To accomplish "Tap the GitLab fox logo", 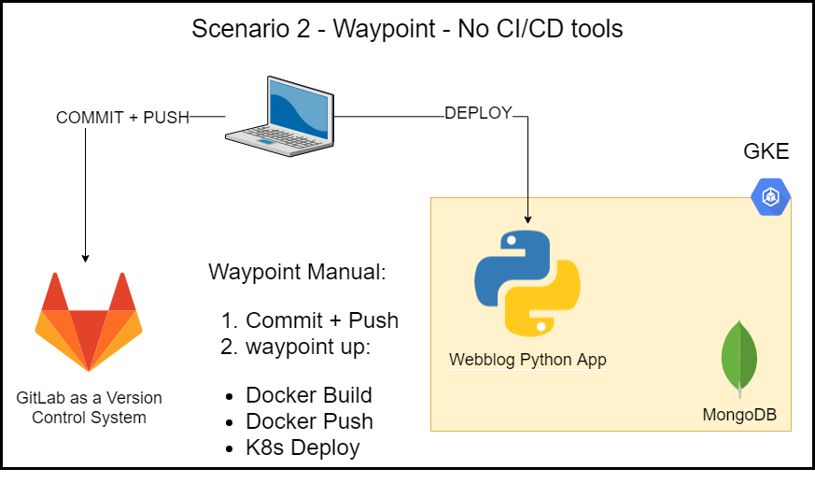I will (x=89, y=321).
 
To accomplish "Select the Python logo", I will (x=527, y=281).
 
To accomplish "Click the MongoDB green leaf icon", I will (x=738, y=358).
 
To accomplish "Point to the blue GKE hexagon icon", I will (x=771, y=196).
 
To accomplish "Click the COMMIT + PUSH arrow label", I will (x=122, y=118).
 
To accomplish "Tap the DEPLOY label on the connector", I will (x=478, y=113).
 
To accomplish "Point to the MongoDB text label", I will (x=739, y=414).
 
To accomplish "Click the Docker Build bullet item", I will (x=308, y=395).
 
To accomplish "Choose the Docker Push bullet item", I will (x=308, y=421).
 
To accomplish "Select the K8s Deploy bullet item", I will (x=302, y=447).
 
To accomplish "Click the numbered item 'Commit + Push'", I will (x=321, y=320).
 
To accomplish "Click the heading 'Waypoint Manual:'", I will (x=296, y=273).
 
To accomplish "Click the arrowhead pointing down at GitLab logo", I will (x=85, y=257).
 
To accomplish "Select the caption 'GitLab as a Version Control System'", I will (x=89, y=407).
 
